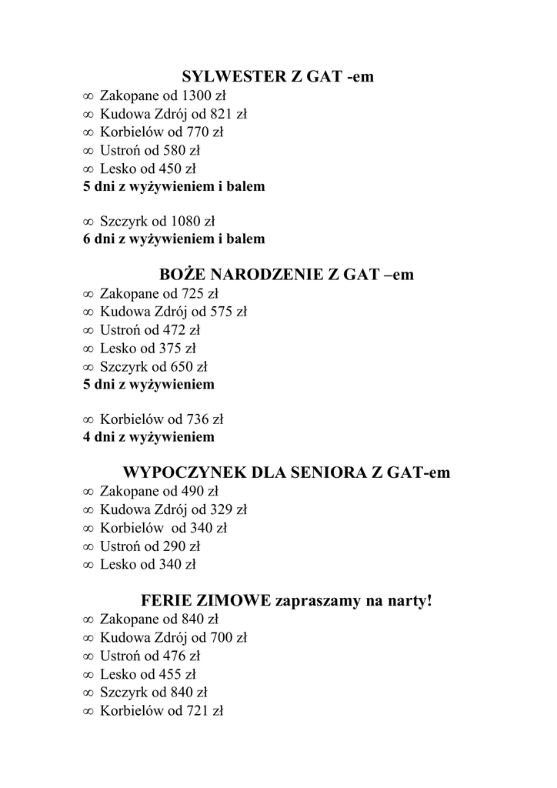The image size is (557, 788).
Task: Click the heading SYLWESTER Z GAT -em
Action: click(278, 78)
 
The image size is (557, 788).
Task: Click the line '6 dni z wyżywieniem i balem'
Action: click(174, 239)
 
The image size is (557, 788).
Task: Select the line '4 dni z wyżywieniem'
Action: click(148, 438)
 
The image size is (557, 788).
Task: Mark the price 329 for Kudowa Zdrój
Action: click(218, 509)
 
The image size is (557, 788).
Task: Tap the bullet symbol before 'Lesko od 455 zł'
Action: click(88, 675)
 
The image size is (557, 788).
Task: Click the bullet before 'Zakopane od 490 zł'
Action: click(88, 492)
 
